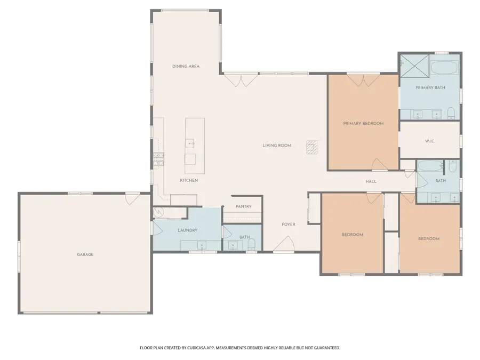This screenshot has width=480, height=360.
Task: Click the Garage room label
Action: [x=85, y=254]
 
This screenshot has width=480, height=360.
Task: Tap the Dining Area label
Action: [x=186, y=66]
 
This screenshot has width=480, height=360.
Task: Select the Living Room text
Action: [x=277, y=145]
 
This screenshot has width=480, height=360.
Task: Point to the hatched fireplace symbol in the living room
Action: [x=312, y=147]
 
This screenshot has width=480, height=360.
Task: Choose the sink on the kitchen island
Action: [x=190, y=143]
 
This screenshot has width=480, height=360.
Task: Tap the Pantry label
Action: [x=243, y=206]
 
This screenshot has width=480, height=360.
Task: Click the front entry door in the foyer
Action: [x=283, y=245]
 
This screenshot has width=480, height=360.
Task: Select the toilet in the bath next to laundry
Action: [x=252, y=245]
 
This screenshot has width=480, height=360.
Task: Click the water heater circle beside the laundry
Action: [x=158, y=213]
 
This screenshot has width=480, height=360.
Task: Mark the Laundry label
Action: [x=187, y=230]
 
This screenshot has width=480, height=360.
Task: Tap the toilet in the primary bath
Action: [x=451, y=113]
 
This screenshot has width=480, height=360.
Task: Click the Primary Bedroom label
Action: [x=363, y=123]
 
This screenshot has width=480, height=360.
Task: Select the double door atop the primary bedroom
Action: [x=363, y=81]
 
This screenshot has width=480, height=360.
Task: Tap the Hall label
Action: [x=371, y=181]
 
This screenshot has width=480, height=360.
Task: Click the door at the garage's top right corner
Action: [x=130, y=198]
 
